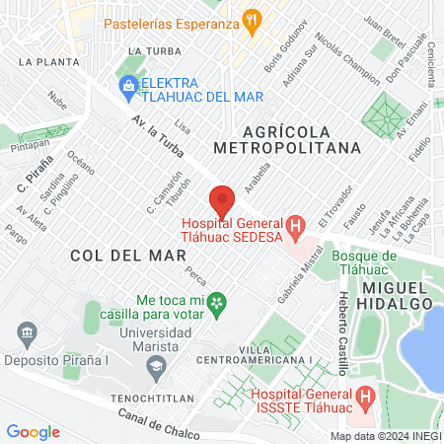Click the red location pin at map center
coord(222,199)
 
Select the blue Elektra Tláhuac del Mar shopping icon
coord(128,87)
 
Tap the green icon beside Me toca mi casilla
coord(219,300)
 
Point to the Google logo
coord(33,431)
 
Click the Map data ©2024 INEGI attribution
coord(385,436)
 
